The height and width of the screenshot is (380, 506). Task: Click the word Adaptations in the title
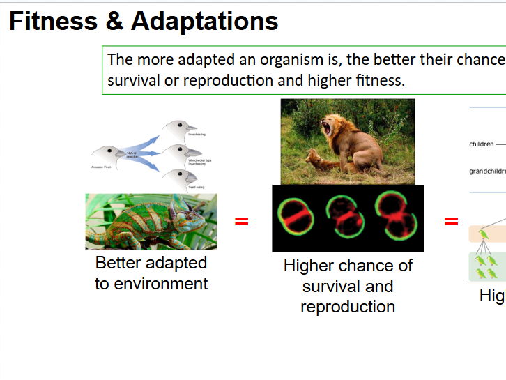click(204, 22)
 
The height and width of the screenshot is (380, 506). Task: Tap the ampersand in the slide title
click(114, 22)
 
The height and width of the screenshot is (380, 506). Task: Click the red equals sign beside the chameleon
click(241, 222)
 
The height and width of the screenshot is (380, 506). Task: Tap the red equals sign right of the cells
click(452, 222)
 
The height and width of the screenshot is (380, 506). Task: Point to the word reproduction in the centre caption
click(348, 307)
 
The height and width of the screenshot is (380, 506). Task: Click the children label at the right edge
click(482, 144)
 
